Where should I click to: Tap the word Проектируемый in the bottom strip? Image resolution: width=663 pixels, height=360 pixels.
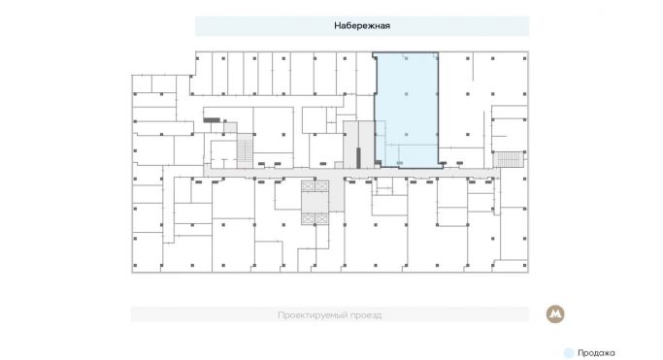point(310,315)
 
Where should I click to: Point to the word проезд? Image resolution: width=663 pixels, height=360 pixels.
point(365,315)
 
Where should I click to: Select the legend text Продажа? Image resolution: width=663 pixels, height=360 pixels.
point(597,353)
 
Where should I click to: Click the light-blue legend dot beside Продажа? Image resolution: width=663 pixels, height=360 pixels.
point(569,353)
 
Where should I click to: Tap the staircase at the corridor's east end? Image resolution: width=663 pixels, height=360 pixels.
point(509,158)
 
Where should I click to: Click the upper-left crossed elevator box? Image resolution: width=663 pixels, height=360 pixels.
point(309,186)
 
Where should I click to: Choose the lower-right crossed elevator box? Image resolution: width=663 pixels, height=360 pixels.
point(321,220)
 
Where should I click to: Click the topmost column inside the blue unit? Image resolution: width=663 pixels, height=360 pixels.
point(406,59)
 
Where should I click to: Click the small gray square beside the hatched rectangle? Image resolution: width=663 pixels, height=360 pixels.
point(226,123)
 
